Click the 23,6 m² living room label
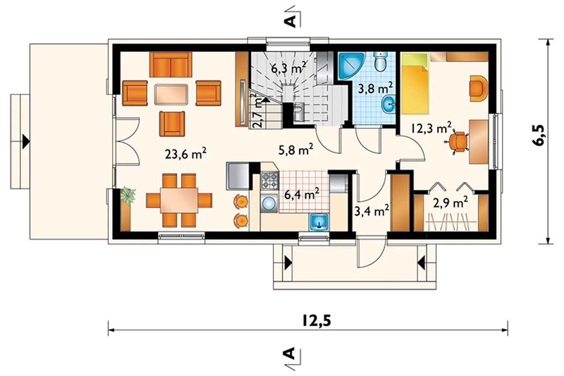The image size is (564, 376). [186, 154]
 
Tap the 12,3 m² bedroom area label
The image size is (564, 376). [431, 128]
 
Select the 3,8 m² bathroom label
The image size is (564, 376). [375, 89]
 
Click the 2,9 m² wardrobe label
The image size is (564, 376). [450, 203]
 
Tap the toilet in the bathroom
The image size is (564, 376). [380, 61]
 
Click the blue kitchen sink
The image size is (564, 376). [319, 222]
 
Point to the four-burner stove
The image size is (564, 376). [270, 180]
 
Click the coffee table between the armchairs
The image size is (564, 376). [171, 94]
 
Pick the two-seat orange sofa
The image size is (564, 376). [171, 65]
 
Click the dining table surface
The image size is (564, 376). [179, 201]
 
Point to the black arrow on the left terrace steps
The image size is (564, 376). [26, 141]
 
